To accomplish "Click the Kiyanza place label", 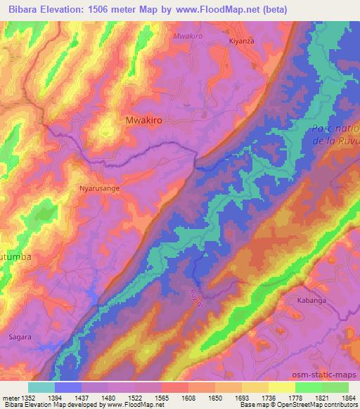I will click(x=240, y=41).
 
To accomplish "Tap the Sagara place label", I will click(x=20, y=337).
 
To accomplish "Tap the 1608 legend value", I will click(x=188, y=398).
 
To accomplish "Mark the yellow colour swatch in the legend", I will click(x=281, y=387).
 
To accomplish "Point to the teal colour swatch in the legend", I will click(x=41, y=387).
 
